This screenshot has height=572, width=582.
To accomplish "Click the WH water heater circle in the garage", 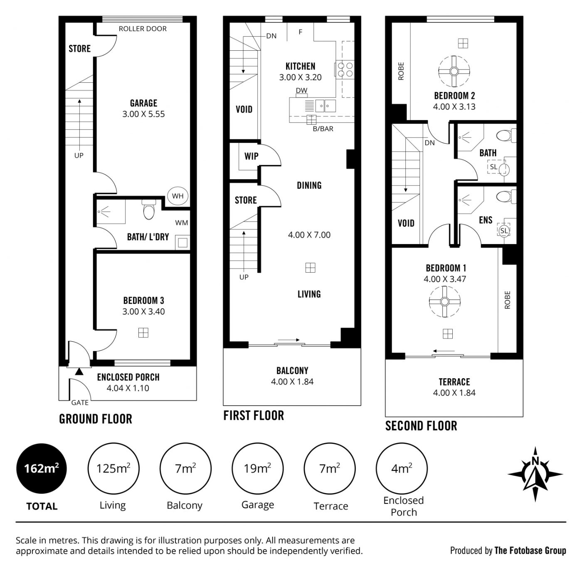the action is [178, 196].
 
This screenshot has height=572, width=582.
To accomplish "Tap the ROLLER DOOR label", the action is [143, 29].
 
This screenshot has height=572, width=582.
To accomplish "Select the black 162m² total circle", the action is [42, 468].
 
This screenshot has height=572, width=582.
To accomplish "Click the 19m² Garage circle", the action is [258, 468].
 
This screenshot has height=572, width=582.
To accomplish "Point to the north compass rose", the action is [535, 474].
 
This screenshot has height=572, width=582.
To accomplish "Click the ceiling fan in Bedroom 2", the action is [454, 71].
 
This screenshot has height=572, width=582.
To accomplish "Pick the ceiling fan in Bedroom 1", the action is [444, 301].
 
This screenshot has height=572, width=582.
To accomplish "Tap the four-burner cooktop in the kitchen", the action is [344, 70].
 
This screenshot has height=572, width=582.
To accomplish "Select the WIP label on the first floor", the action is [251, 156].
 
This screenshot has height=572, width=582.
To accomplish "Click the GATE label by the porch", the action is [80, 402].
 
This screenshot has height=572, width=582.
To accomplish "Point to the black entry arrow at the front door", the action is [79, 372].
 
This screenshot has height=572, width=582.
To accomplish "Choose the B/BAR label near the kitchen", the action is [323, 129].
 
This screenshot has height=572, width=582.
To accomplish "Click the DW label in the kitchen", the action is [301, 90].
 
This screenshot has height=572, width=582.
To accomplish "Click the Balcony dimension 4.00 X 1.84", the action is [292, 382].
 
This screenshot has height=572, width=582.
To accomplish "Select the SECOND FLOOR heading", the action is [421, 426].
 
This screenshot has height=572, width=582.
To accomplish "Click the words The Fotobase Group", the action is [530, 550].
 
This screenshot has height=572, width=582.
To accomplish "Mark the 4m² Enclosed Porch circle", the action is [402, 468].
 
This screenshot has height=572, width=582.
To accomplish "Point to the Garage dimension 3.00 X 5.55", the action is [143, 114].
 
